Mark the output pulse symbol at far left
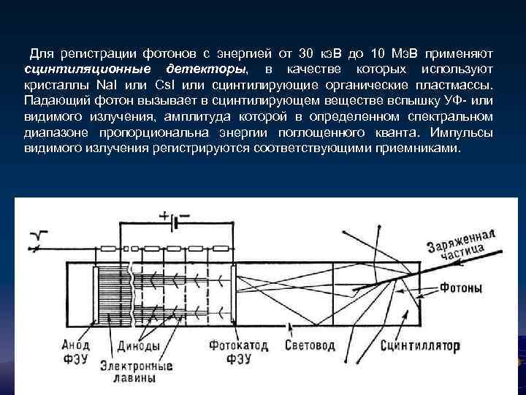point(39,234)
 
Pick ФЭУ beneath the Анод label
point(76,358)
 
